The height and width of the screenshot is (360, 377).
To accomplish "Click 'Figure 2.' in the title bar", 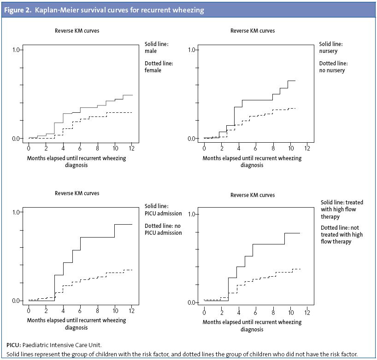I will pyautogui.click(x=20, y=10).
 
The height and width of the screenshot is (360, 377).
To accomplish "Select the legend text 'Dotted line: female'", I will pyautogui.click(x=159, y=67).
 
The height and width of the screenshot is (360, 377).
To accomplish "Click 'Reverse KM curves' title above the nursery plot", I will pyautogui.click(x=252, y=31).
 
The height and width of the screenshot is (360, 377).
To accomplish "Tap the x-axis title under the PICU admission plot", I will pyautogui.click(x=76, y=324).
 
